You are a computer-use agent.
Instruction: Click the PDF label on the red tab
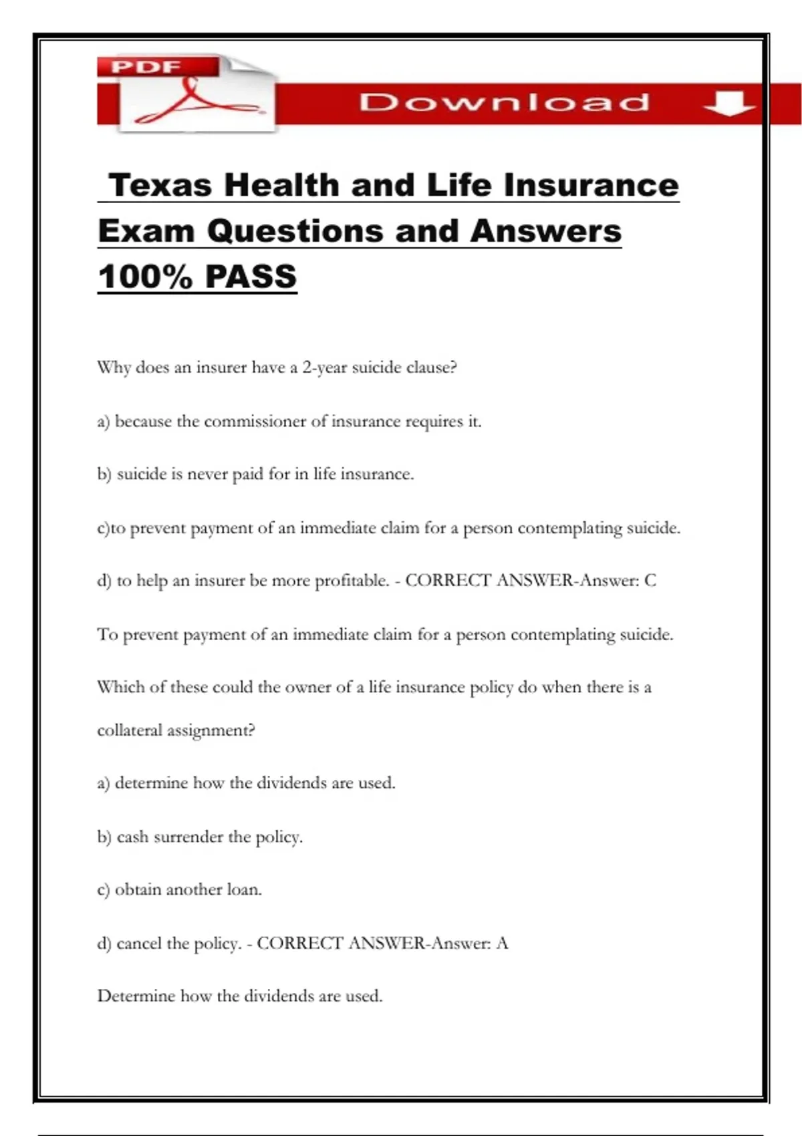146,67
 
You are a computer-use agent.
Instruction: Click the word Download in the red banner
504,102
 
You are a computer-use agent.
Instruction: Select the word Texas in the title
160,185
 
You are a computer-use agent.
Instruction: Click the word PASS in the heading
251,277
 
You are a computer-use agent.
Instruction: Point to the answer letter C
650,581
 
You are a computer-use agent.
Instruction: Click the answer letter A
502,944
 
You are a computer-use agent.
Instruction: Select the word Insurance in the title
591,185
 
